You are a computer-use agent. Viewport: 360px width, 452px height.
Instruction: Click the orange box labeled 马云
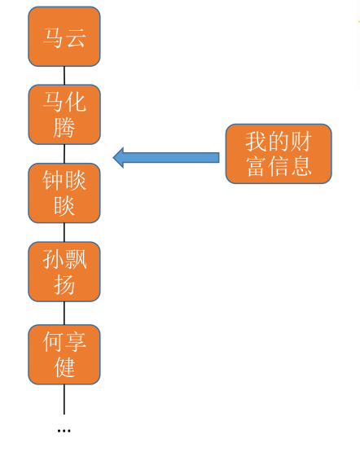(x=64, y=37)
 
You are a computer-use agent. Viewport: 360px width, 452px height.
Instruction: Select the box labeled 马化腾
(x=64, y=114)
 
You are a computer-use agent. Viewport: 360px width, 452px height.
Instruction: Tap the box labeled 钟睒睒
(x=64, y=193)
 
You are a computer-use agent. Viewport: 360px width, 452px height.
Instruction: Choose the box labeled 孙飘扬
(x=64, y=272)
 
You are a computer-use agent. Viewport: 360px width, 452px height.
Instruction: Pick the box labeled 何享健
(x=64, y=354)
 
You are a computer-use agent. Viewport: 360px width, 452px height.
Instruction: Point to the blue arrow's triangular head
(x=119, y=157)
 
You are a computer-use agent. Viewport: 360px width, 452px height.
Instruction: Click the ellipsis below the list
(x=64, y=429)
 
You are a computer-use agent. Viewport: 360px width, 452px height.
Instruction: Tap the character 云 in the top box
(x=76, y=37)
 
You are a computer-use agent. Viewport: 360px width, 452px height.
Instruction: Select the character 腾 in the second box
(x=64, y=126)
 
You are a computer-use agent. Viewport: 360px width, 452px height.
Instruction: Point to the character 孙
(x=54, y=260)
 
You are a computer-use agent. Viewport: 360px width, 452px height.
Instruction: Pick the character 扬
(x=64, y=284)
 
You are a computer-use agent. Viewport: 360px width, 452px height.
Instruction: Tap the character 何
(x=54, y=342)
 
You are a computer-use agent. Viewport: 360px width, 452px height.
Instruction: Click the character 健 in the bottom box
(x=64, y=367)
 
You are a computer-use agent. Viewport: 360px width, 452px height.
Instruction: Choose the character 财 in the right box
(x=301, y=142)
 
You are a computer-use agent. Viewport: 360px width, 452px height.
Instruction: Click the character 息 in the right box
(x=301, y=167)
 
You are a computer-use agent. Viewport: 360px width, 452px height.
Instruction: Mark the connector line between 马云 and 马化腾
(x=64, y=75)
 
